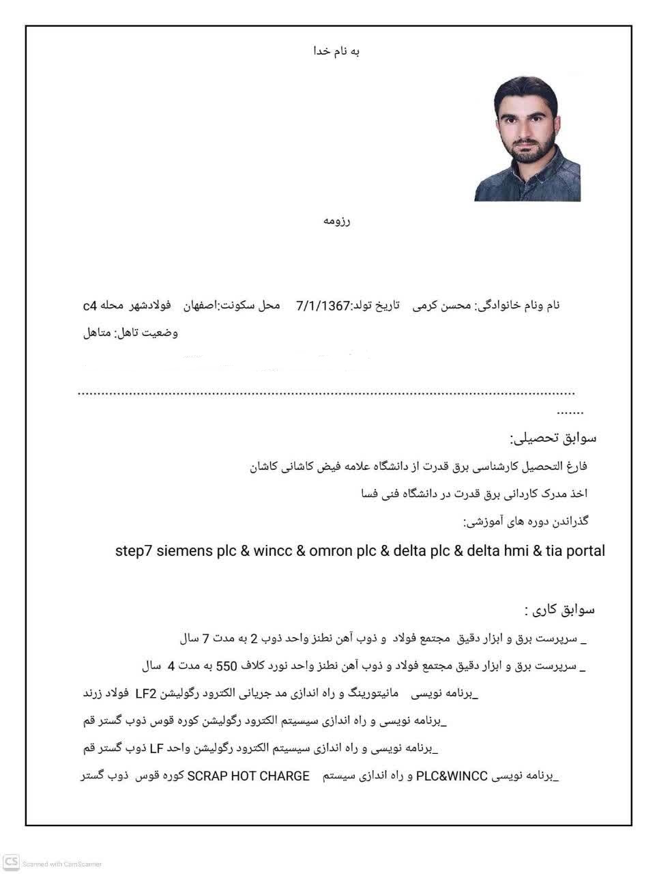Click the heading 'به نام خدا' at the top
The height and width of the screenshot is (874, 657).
(336, 51)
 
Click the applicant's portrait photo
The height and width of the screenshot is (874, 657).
(527, 139)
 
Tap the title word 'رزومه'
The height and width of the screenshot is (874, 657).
(336, 221)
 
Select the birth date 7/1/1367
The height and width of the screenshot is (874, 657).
(322, 306)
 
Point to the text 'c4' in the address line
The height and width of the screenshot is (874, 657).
(90, 306)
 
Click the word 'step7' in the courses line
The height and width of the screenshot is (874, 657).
(134, 551)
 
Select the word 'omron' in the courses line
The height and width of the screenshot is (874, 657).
(330, 551)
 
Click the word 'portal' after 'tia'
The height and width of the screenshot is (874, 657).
(584, 551)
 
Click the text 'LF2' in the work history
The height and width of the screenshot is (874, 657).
(146, 694)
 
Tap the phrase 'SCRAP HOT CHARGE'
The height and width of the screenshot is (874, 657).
(248, 776)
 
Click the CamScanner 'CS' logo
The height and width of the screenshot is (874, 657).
(11, 862)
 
